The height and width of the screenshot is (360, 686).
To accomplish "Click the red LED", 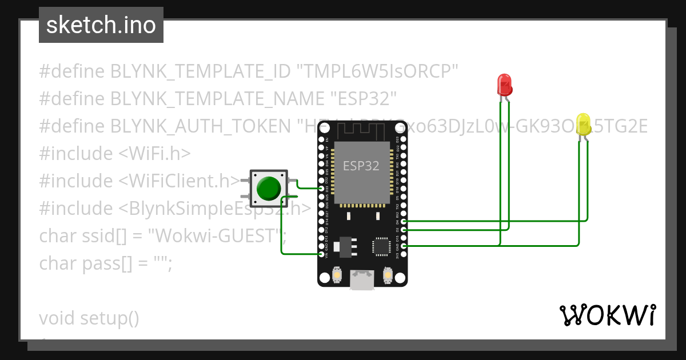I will (x=504, y=85).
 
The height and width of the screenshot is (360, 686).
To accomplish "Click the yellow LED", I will (x=584, y=125).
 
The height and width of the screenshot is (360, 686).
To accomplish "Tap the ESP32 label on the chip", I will (x=361, y=166).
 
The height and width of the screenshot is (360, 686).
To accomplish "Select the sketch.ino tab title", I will (x=101, y=26).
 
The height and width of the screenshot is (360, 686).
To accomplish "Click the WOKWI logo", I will (x=607, y=315).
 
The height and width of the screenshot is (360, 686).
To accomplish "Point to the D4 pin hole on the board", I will (x=404, y=221).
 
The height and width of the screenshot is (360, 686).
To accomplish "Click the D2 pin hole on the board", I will (x=404, y=229).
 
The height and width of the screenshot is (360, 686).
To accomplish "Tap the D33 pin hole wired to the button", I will (x=321, y=188).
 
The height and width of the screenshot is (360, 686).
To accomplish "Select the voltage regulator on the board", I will (x=347, y=246).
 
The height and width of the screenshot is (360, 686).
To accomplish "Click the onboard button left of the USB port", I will (x=337, y=277).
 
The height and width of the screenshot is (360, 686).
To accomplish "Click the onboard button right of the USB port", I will (x=388, y=277).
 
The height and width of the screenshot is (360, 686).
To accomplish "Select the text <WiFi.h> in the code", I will (x=154, y=154).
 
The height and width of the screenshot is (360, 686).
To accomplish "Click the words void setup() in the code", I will (x=89, y=318).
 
